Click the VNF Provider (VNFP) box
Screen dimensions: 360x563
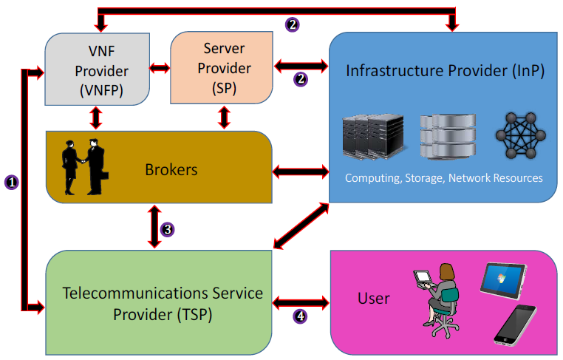click(x=96, y=71)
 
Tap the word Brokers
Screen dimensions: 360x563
click(x=171, y=169)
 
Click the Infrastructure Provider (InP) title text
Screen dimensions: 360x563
click(x=446, y=72)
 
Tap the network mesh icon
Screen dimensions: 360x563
click(x=521, y=136)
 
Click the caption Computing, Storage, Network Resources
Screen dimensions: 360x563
click(x=443, y=178)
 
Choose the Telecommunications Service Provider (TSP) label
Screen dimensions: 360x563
click(x=163, y=303)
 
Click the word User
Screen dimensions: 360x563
click(x=373, y=298)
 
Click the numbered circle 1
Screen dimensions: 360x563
click(x=10, y=180)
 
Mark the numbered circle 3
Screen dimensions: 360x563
click(x=168, y=229)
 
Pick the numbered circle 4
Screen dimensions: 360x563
click(x=300, y=316)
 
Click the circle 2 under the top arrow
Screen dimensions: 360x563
click(x=293, y=24)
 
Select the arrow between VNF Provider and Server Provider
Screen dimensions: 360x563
click(x=160, y=69)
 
